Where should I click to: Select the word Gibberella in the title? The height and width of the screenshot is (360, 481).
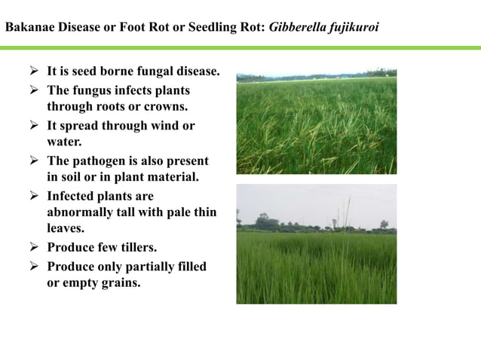point(300,27)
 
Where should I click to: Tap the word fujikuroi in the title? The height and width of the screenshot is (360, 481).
point(355,27)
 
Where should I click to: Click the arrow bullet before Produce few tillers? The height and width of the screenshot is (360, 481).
point(33,247)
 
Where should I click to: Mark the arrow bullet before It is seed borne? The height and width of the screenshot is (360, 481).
point(33,72)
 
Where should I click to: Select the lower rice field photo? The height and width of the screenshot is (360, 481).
point(316,244)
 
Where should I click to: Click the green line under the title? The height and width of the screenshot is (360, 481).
point(240,47)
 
